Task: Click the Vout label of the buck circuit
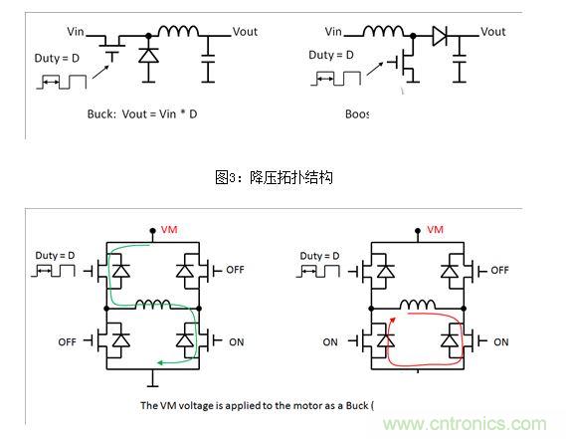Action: pyautogui.click(x=244, y=32)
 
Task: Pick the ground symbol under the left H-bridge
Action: pyautogui.click(x=151, y=379)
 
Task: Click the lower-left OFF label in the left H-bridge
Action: pyautogui.click(x=67, y=341)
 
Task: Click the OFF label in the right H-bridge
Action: pyautogui.click(x=499, y=270)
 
